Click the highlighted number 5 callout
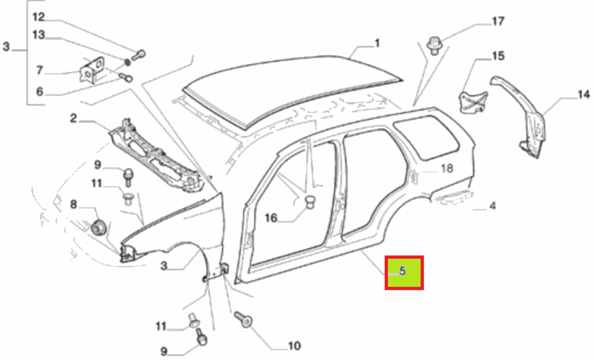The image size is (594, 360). tap(402, 271)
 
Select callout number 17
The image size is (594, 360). tap(498, 21)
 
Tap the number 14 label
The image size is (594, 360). tap(584, 94)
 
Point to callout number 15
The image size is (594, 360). tap(498, 56)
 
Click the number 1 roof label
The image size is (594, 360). tap(377, 43)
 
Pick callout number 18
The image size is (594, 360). tap(447, 168)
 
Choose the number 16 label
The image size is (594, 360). tap(271, 218)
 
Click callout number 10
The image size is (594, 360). tap(294, 346)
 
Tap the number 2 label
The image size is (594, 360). tap(73, 118)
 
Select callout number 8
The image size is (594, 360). tap(73, 205)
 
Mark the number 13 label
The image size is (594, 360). tap(39, 35)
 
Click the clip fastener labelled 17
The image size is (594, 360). tap(434, 45)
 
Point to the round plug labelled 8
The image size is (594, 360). tap(98, 227)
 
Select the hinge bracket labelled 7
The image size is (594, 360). tap(92, 70)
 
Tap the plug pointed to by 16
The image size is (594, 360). tap(310, 202)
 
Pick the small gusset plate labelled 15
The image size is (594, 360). tap(473, 102)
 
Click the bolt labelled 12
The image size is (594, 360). tap(138, 55)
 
